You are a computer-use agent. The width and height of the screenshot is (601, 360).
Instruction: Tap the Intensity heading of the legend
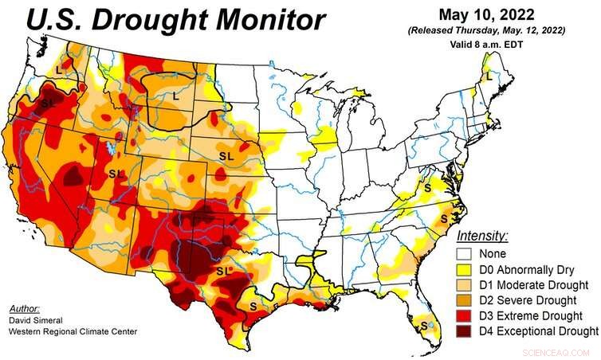(482, 236)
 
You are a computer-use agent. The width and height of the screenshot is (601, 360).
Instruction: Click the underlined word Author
(24, 307)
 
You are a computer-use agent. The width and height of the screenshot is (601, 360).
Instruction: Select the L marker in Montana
(175, 96)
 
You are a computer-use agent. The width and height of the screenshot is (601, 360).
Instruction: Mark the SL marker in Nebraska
(226, 156)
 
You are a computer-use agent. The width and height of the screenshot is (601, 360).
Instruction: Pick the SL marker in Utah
(116, 174)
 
